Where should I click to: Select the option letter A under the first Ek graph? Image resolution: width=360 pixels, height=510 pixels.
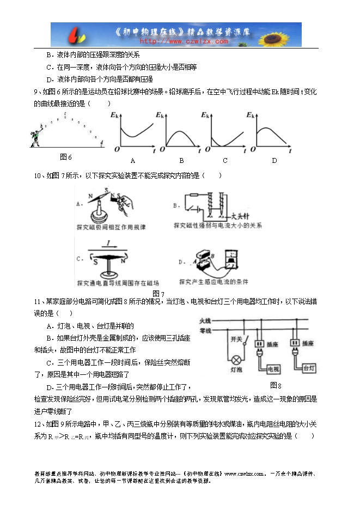(x=133, y=161)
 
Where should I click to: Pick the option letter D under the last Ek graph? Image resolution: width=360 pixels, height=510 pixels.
(x=274, y=160)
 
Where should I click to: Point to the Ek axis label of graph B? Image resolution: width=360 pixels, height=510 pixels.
(x=160, y=116)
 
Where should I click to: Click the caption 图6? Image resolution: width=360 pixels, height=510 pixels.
(x=66, y=157)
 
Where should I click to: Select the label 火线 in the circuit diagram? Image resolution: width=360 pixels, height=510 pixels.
(x=205, y=320)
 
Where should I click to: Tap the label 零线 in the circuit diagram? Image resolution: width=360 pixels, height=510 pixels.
(x=205, y=330)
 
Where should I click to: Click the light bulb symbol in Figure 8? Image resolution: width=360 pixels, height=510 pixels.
(x=237, y=360)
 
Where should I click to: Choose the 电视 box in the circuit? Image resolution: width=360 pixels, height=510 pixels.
(x=273, y=369)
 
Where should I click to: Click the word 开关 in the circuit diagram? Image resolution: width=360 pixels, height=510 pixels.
(x=236, y=339)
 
